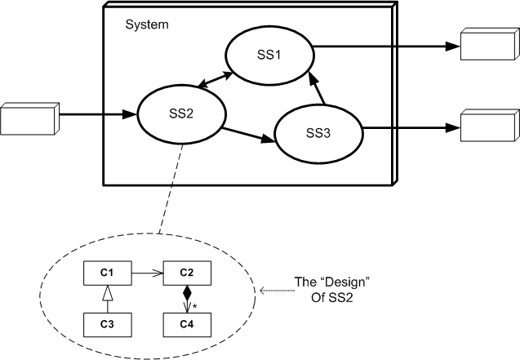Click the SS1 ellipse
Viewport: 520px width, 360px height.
tap(270, 54)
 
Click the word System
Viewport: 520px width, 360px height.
tap(147, 24)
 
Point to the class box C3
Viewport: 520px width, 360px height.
tap(107, 323)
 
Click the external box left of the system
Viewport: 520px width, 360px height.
tap(26, 118)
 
